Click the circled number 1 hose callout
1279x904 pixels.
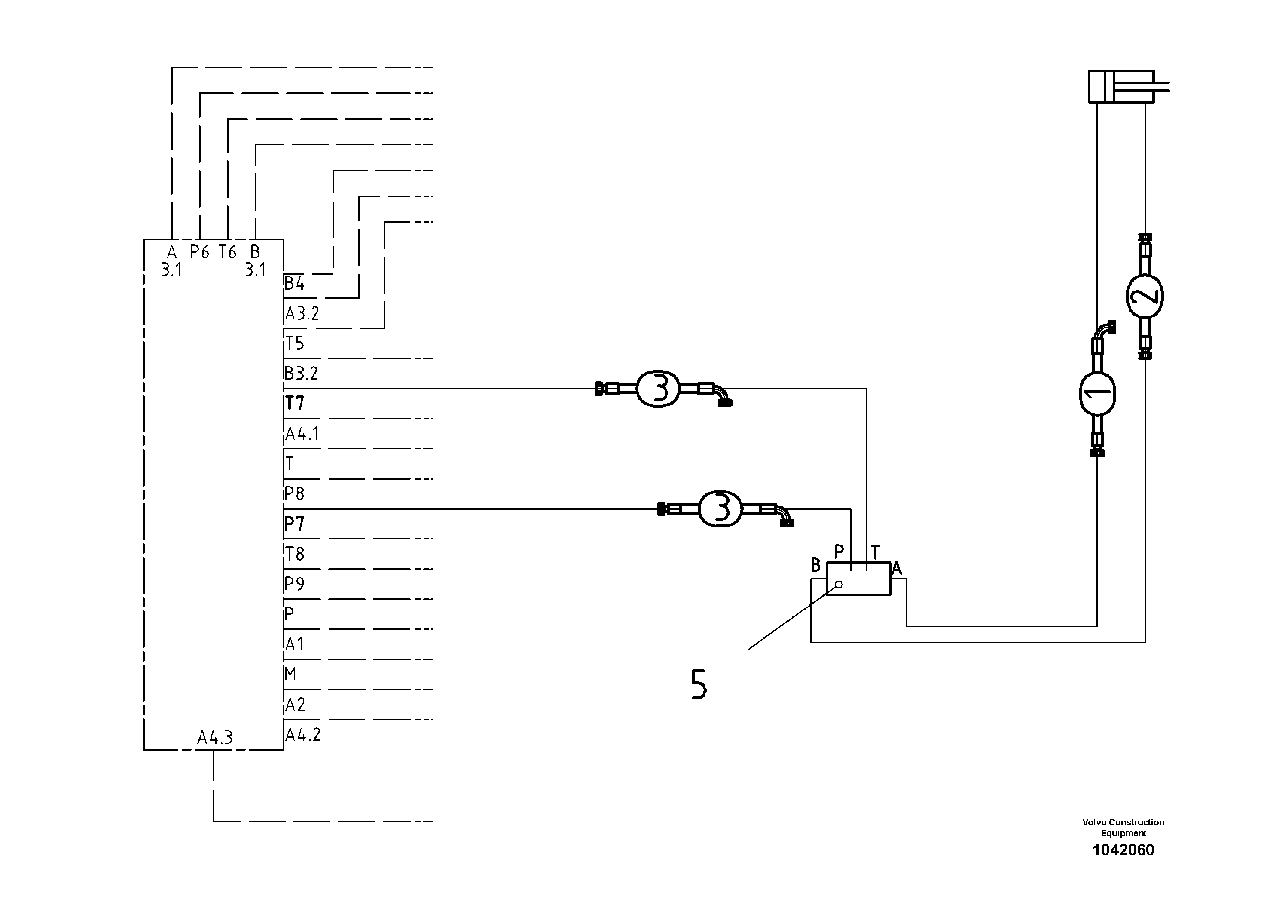coord(1097,393)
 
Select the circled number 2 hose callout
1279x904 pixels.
coord(1145,296)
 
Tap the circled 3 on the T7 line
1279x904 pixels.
coord(658,388)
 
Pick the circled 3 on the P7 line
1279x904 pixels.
coord(720,508)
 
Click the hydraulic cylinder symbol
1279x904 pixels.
coord(1121,86)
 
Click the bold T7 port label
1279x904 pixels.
coord(295,403)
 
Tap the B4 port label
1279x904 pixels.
coord(295,284)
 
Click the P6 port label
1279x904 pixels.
coord(199,252)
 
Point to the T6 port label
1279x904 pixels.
coord(227,252)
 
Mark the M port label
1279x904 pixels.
coord(290,675)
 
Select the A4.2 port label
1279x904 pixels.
coord(303,735)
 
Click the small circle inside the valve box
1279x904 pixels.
coord(839,584)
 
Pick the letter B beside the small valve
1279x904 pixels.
coord(815,565)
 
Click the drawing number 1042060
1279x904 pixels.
coord(1123,850)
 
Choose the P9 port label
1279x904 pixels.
coord(295,583)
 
